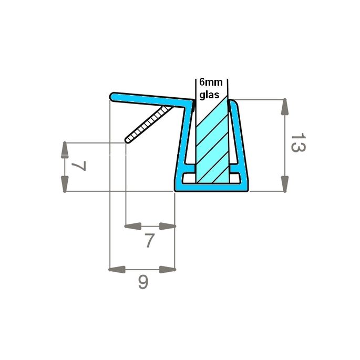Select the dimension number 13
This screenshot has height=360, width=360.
click(x=298, y=143)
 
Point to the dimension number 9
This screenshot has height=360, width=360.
click(x=143, y=283)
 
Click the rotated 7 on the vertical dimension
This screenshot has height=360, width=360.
click(x=78, y=167)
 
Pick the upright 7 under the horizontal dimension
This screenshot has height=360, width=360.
click(x=149, y=241)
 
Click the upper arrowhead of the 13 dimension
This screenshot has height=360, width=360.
click(x=284, y=107)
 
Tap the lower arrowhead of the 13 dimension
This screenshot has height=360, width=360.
click(x=284, y=183)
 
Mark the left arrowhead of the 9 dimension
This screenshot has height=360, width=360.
click(x=117, y=270)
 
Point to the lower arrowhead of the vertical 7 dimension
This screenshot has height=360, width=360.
click(x=65, y=183)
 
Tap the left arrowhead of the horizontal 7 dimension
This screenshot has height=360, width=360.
click(x=133, y=227)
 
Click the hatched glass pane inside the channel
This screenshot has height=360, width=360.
click(x=212, y=142)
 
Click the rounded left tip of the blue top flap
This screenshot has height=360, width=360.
click(x=113, y=96)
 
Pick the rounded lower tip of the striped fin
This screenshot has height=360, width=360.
click(x=128, y=140)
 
